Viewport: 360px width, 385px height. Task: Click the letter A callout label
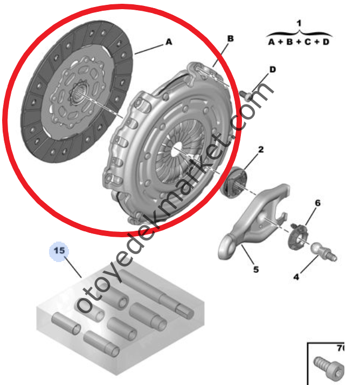coord(169,42)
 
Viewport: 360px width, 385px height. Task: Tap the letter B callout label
coord(230,38)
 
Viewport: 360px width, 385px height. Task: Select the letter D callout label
coord(273,70)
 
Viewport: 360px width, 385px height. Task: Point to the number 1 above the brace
coord(299,23)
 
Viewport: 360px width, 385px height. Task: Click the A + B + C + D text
coord(299,42)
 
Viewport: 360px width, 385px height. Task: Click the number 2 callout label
coord(261,149)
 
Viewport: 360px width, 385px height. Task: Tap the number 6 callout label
coord(317,203)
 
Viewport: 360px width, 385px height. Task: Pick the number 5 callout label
coord(256,270)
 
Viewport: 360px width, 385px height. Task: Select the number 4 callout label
coord(296,277)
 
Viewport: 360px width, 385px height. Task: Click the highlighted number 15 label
coord(59,251)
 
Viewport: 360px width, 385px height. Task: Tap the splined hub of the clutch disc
coord(79,94)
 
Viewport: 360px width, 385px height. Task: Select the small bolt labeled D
coord(246,96)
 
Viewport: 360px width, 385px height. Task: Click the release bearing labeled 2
coord(234,182)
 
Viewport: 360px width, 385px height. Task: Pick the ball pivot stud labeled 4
coord(324,252)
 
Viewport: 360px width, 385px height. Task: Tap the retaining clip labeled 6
coord(297,236)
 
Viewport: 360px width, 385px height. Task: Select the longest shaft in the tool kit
coord(157,293)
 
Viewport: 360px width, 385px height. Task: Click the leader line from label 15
coord(73,267)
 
